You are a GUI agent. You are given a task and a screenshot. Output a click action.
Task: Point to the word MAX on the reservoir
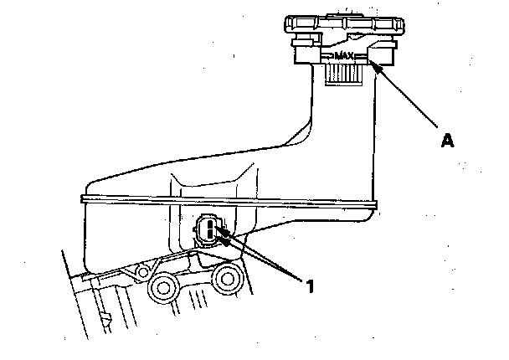[344, 57]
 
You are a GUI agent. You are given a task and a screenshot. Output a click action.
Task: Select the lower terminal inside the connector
[209, 235]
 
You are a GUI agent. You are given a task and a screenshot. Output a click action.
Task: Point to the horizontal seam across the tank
[226, 201]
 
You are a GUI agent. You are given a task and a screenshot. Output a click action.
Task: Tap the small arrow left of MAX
[327, 57]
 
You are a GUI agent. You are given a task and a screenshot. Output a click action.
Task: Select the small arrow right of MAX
[361, 57]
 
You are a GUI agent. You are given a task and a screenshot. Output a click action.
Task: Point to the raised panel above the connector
[209, 188]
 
